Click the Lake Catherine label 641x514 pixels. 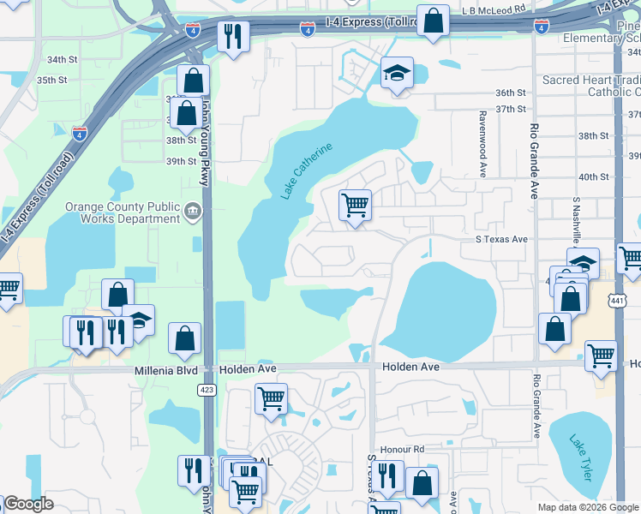(x=306, y=170)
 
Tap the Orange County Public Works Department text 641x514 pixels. (x=123, y=212)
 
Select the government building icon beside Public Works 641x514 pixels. (x=194, y=212)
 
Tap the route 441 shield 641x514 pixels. (x=617, y=301)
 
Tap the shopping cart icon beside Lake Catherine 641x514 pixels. (x=355, y=206)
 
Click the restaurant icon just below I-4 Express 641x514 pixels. (x=232, y=36)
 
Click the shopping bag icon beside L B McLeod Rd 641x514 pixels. (x=434, y=21)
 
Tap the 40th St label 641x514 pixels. (x=593, y=176)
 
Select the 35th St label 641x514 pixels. (x=51, y=80)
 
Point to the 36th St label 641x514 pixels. (x=509, y=93)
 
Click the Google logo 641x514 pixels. (x=28, y=505)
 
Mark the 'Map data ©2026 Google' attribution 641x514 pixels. (x=588, y=507)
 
